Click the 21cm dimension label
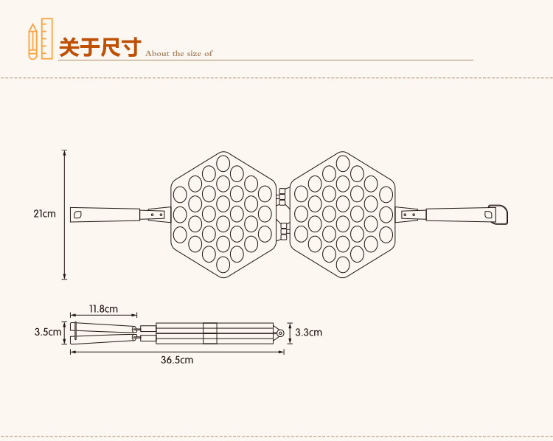pyautogui.click(x=44, y=214)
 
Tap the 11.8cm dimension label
pyautogui.click(x=104, y=308)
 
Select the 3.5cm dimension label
pyautogui.click(x=48, y=332)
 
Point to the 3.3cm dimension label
pyautogui.click(x=308, y=332)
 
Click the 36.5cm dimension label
pyautogui.click(x=177, y=360)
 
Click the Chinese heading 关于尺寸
pyautogui.click(x=100, y=47)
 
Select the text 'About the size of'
pyautogui.click(x=178, y=53)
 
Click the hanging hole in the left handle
pyautogui.click(x=78, y=215)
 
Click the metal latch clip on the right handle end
pyautogui.click(x=500, y=214)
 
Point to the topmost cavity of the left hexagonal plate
pyautogui.click(x=223, y=162)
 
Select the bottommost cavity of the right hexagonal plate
pyautogui.click(x=343, y=263)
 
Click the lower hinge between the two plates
pyautogui.click(x=282, y=232)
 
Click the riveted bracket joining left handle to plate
pyautogui.click(x=156, y=215)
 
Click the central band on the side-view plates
pyautogui.click(x=209, y=333)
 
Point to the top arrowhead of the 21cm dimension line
pyautogui.click(x=65, y=153)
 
